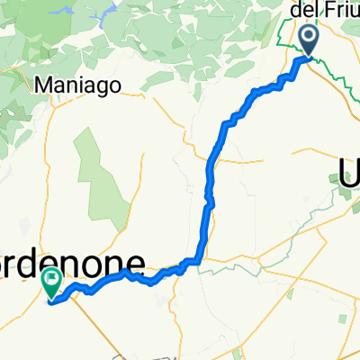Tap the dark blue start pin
pos(309,40)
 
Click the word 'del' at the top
pos(307,11)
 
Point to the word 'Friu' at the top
pos(339,11)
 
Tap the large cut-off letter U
pos(350,171)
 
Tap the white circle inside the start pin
pos(309,37)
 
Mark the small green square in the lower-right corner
pos(341,321)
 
